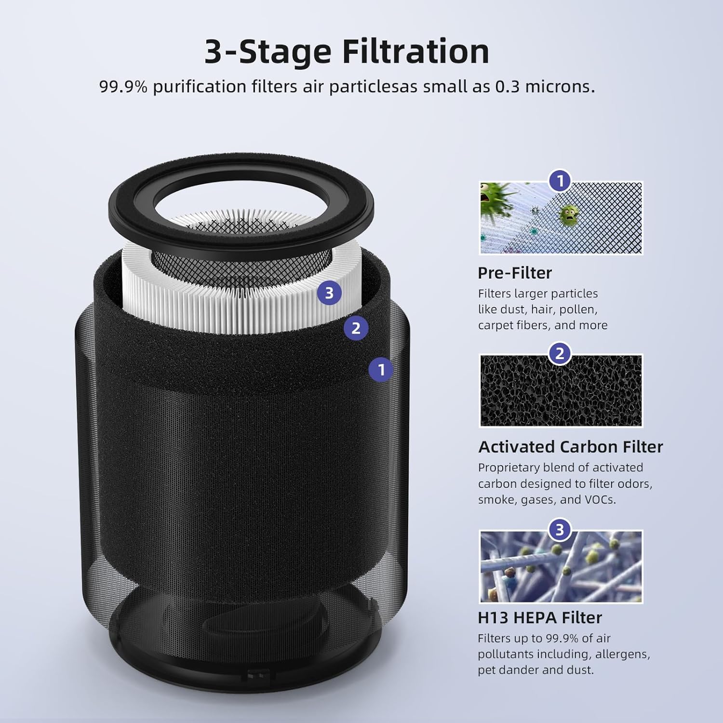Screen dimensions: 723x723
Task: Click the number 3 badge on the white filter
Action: tap(329, 293)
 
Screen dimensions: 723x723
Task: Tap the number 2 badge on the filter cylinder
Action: tap(356, 328)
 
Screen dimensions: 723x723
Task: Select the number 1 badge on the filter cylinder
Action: tap(381, 370)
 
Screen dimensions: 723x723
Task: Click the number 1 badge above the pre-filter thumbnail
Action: tap(560, 182)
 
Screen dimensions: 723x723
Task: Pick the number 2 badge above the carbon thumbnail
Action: tap(560, 354)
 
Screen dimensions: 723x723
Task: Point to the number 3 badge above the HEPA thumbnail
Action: tap(559, 530)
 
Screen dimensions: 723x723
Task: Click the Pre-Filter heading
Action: tap(514, 273)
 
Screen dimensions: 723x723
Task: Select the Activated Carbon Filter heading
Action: tap(570, 447)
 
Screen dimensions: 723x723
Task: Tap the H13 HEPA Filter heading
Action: tap(539, 617)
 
